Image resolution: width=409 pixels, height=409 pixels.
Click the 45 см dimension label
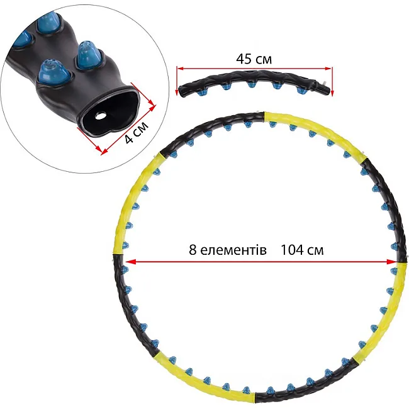tap(254, 59)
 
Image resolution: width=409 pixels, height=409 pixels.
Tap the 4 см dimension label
tap(137, 132)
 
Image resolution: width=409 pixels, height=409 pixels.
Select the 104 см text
tap(302, 250)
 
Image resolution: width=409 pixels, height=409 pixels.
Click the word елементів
tap(233, 250)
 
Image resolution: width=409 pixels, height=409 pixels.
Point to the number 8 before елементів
tap(193, 250)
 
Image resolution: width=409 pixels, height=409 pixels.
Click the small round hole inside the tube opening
tap(100, 116)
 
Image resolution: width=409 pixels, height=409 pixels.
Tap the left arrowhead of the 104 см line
tap(130, 262)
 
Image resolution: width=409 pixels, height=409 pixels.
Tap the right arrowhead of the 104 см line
tap(391, 262)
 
